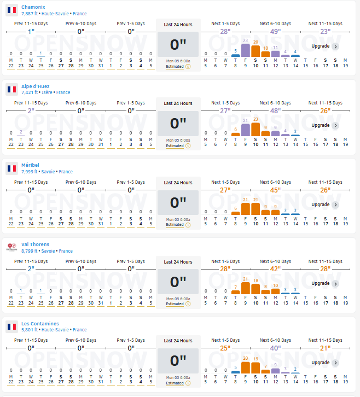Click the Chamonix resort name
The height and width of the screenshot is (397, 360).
33,7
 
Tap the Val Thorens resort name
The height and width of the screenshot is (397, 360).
35,244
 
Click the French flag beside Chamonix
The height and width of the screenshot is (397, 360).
11,10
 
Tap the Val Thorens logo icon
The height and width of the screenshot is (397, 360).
11,247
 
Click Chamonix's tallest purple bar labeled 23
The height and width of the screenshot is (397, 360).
246,50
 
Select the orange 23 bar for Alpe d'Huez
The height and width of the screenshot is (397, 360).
256,129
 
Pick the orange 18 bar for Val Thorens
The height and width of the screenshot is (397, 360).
256,288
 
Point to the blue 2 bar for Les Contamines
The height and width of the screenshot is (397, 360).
295,372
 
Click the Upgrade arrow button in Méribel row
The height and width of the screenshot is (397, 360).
335,205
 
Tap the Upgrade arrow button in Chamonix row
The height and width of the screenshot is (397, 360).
335,46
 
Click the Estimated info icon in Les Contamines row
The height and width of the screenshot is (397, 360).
188,383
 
